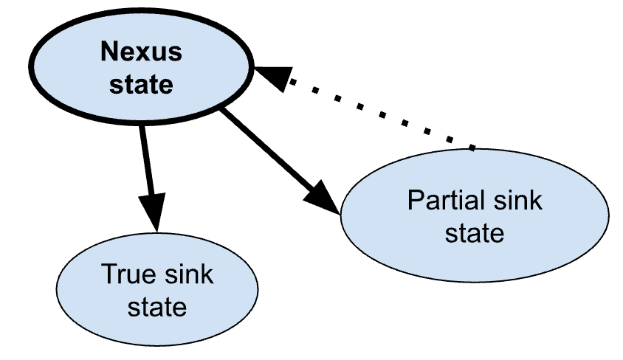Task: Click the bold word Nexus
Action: click(x=141, y=52)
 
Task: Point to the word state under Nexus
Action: click(x=141, y=84)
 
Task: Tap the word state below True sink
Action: click(x=157, y=306)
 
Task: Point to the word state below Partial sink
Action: click(x=475, y=233)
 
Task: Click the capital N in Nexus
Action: click(x=109, y=52)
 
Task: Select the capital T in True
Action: click(x=108, y=274)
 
